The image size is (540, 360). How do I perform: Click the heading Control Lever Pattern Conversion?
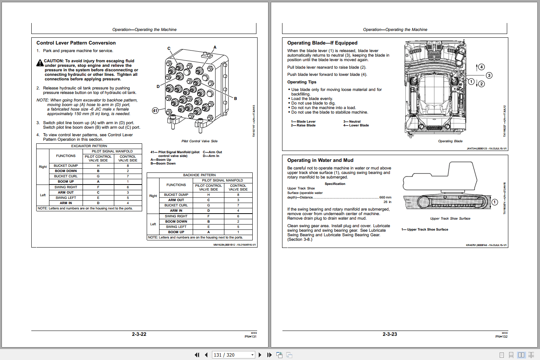(x=76, y=43)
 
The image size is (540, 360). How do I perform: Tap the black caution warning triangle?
(x=40, y=63)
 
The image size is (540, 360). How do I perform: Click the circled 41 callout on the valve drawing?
(x=155, y=111)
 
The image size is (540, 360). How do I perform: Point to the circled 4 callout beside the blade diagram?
(x=482, y=67)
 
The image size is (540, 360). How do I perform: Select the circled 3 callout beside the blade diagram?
(x=489, y=75)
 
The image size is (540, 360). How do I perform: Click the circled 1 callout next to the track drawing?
(x=495, y=202)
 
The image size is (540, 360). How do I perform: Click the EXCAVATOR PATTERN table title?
(x=89, y=146)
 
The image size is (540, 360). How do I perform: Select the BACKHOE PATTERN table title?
(x=199, y=175)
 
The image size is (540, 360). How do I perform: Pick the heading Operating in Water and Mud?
(x=320, y=160)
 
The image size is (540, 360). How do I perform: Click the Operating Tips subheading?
(x=302, y=82)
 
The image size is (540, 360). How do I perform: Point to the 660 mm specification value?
(x=385, y=197)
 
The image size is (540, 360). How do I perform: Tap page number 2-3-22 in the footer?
(x=139, y=334)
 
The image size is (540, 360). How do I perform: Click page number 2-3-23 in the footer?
(x=390, y=334)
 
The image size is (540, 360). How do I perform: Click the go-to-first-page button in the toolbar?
(x=197, y=355)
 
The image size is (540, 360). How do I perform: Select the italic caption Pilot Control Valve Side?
(x=199, y=141)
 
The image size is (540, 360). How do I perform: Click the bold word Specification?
(x=335, y=184)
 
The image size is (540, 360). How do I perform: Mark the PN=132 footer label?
(x=501, y=337)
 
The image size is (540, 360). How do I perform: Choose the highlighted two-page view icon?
(x=521, y=355)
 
